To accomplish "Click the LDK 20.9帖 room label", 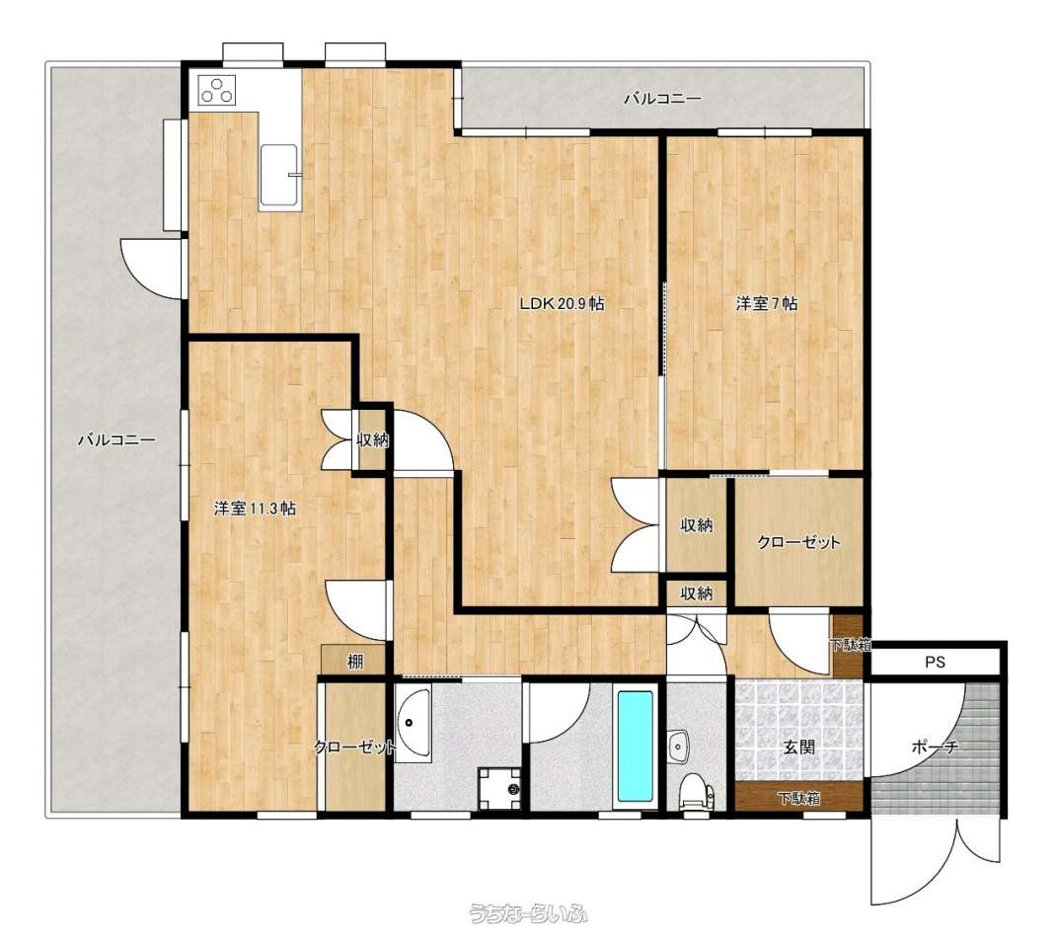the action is point(562,304).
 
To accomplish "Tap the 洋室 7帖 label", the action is point(767,304).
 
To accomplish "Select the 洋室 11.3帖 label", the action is point(255,508).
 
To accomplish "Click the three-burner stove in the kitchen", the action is point(217,90).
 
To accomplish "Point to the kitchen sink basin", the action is point(279,175).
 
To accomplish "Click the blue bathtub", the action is point(636,746).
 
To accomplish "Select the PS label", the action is point(934,663).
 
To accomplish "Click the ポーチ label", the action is point(935,747).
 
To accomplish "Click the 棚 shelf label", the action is point(355,661).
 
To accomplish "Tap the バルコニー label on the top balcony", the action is point(662,99).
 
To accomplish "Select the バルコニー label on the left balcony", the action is point(117,441).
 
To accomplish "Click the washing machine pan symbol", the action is point(498,788).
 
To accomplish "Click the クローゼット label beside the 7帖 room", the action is point(798,542).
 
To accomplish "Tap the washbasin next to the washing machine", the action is point(413,725).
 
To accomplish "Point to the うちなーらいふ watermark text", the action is point(528,913).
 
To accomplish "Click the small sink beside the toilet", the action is point(680,746).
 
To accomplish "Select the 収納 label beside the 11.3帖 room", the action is point(372,440).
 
